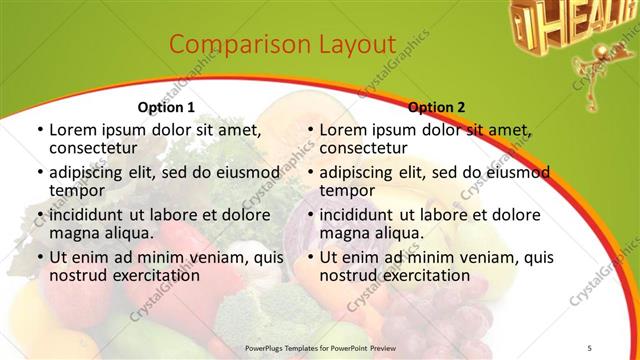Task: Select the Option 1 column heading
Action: [165, 107]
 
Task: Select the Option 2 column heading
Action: [437, 107]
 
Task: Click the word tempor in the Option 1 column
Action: [77, 190]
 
